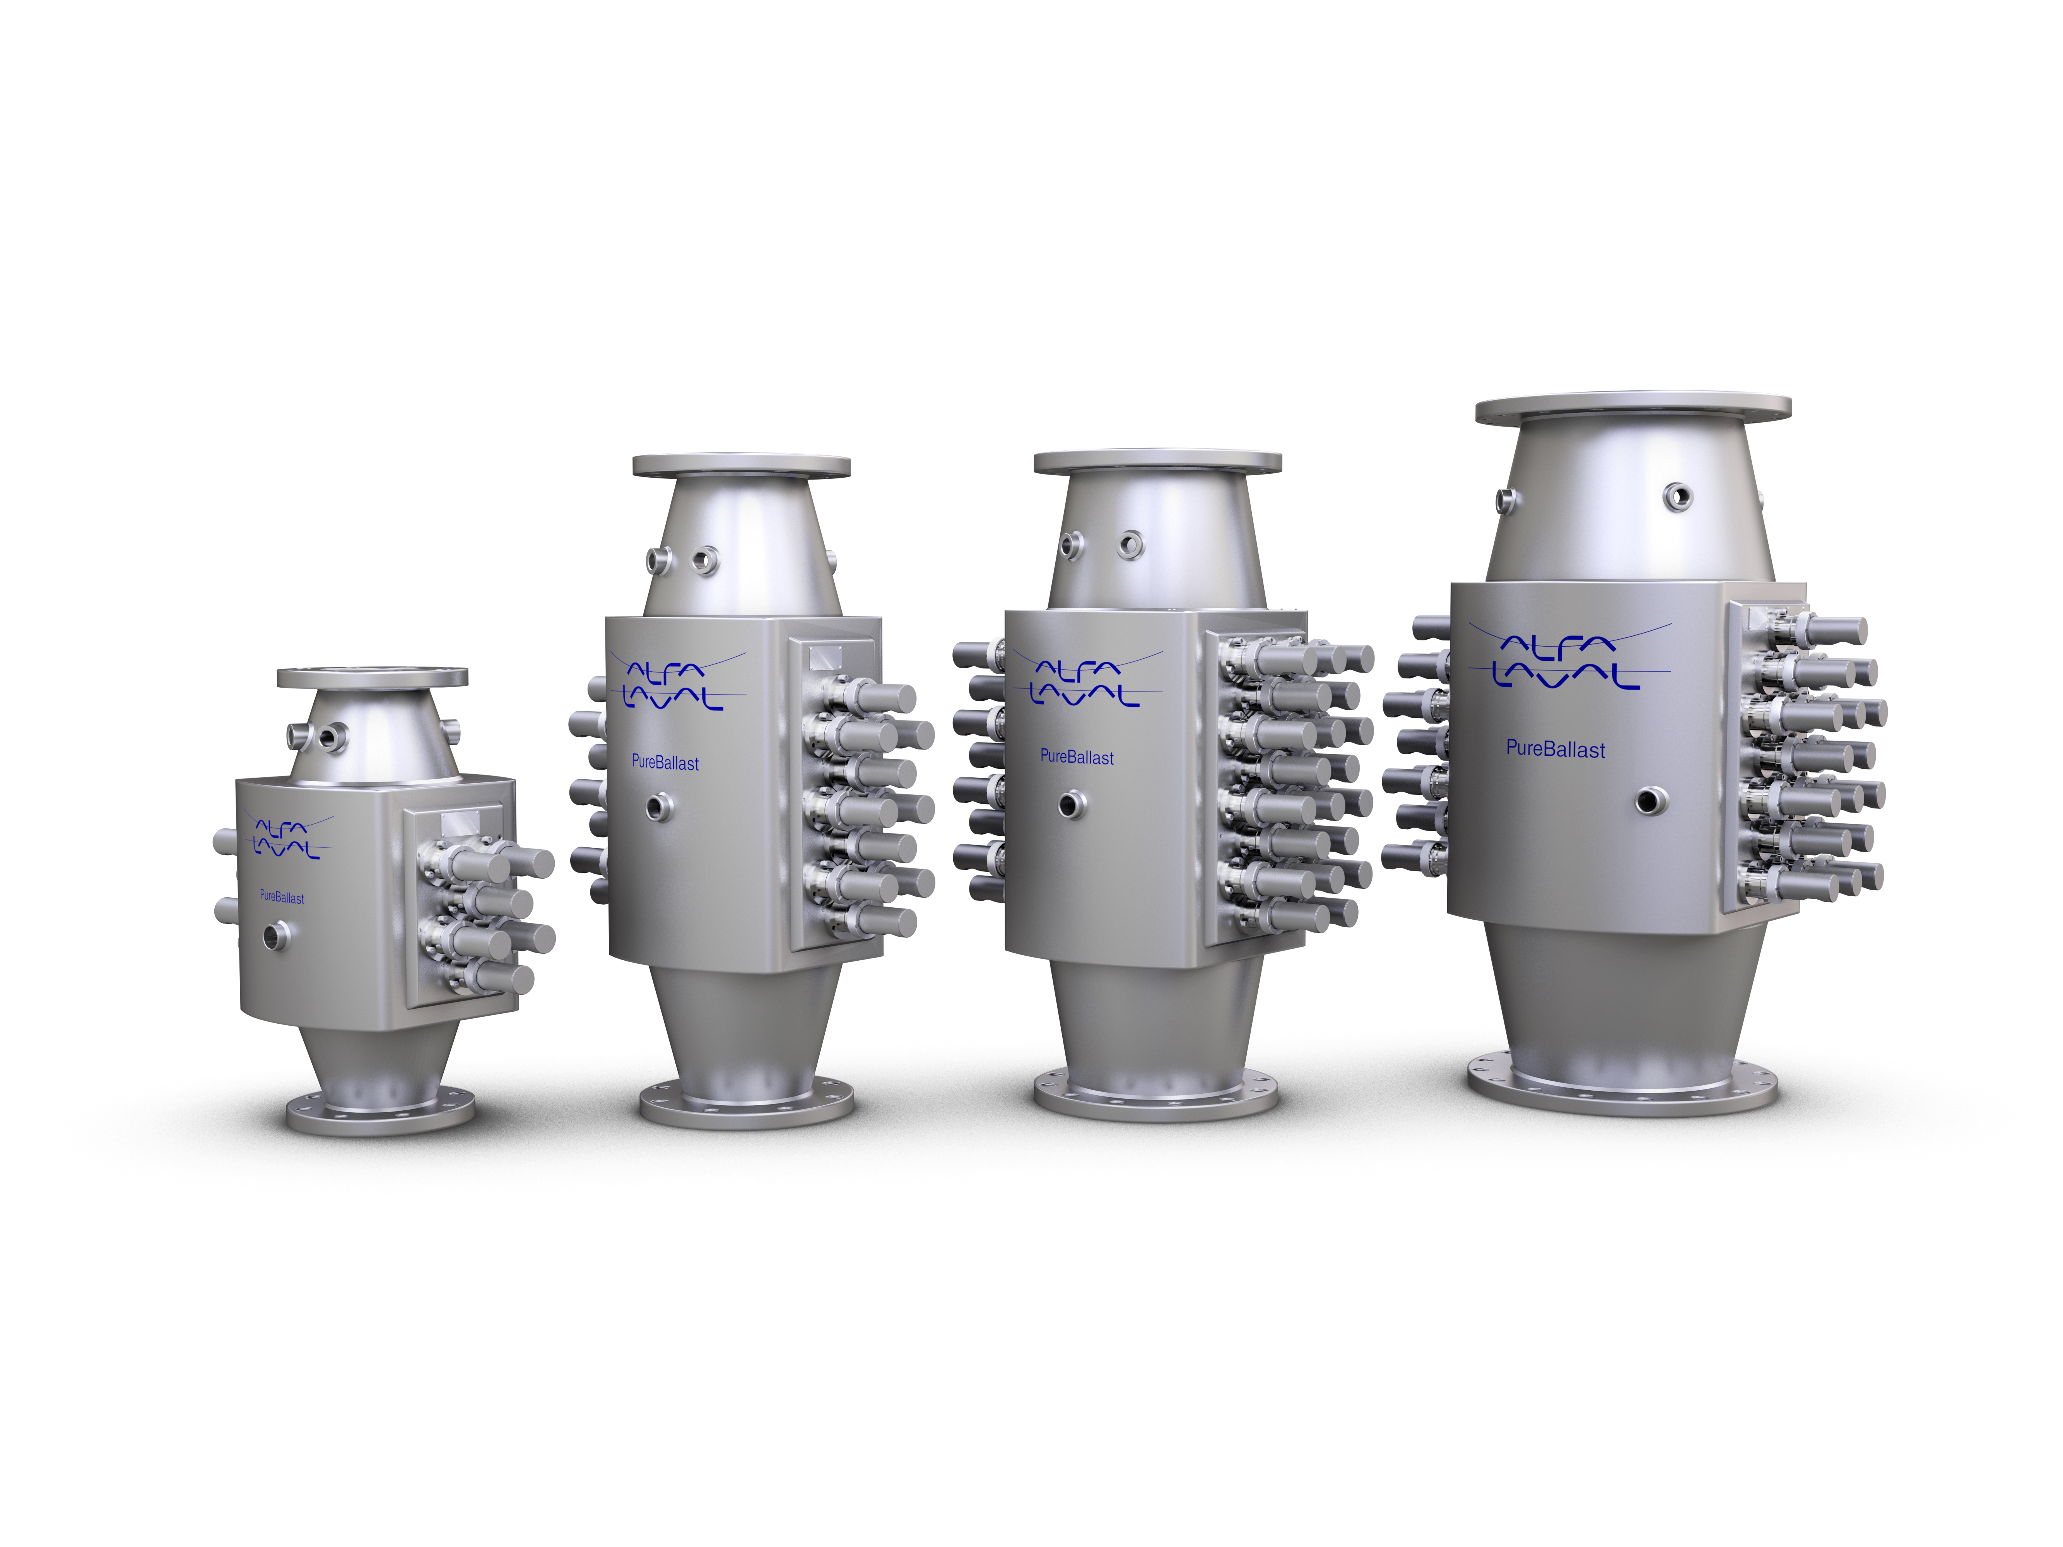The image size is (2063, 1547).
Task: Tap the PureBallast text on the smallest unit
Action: [x=282, y=897]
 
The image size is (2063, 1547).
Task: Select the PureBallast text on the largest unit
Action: [x=1555, y=750]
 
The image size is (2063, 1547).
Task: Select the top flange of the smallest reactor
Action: [x=372, y=677]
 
